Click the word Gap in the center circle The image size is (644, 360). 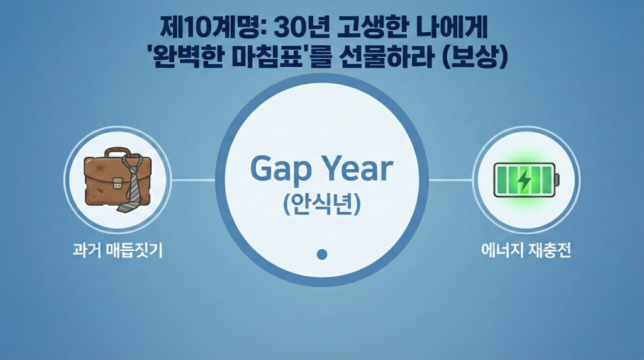pyautogui.click(x=280, y=169)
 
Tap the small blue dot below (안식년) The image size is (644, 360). pyautogui.click(x=322, y=254)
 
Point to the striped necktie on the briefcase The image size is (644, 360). pyautogui.click(x=132, y=183)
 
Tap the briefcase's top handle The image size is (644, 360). pyautogui.click(x=118, y=153)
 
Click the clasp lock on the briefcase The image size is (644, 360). pyautogui.click(x=118, y=183)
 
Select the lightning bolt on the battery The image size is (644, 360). pyautogui.click(x=524, y=179)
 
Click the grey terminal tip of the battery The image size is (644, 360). pyautogui.click(x=557, y=179)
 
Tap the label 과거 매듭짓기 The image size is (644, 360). pyautogui.click(x=118, y=250)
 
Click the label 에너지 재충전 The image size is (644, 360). pyautogui.click(x=526, y=250)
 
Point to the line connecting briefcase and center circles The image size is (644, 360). pyautogui.click(x=193, y=179)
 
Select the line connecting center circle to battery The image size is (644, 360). pyautogui.click(x=450, y=179)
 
